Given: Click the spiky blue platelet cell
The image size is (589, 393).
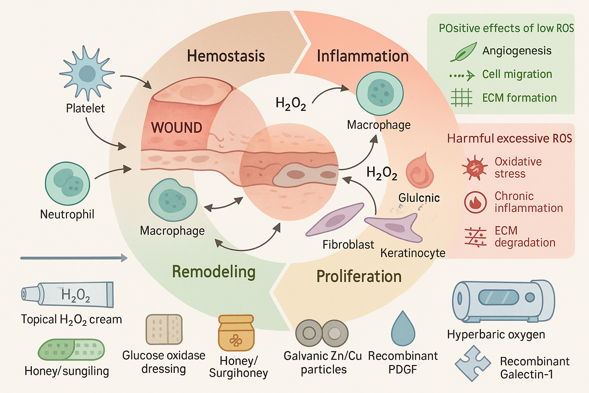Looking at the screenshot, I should [x=87, y=73].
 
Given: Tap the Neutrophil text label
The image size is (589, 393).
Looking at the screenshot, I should [x=67, y=214].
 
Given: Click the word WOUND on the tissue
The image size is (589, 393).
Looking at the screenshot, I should [x=176, y=127].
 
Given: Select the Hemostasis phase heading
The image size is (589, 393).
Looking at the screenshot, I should [x=226, y=56].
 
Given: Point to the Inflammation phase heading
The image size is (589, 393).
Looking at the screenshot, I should [x=362, y=56].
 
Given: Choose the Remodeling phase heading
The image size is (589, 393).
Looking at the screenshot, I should [x=214, y=272].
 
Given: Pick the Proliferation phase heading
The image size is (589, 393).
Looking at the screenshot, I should [x=359, y=276].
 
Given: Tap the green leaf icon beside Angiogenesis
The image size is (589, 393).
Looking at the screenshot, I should [x=463, y=52].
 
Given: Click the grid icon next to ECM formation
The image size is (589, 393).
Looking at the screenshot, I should [x=461, y=97].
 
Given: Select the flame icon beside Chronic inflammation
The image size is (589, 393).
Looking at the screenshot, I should [x=475, y=202].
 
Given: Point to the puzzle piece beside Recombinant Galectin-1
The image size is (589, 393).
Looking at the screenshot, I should [x=473, y=363].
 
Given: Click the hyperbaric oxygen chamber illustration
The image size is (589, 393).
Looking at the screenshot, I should [x=503, y=301].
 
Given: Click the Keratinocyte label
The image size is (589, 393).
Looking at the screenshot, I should [x=413, y=253].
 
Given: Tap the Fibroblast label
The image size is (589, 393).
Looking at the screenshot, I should [x=348, y=244].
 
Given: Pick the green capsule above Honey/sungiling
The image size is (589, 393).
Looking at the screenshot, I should [x=71, y=350].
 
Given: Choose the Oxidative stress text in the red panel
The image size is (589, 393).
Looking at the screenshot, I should [x=518, y=167].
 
